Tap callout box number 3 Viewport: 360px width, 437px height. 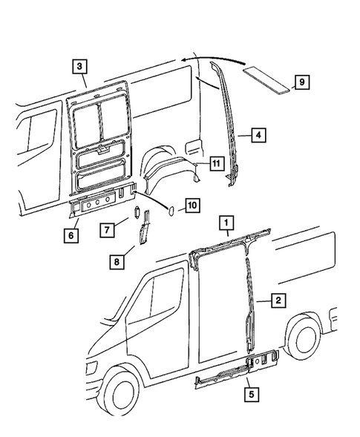[x=79, y=67]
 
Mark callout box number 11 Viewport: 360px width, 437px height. [x=215, y=162]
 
